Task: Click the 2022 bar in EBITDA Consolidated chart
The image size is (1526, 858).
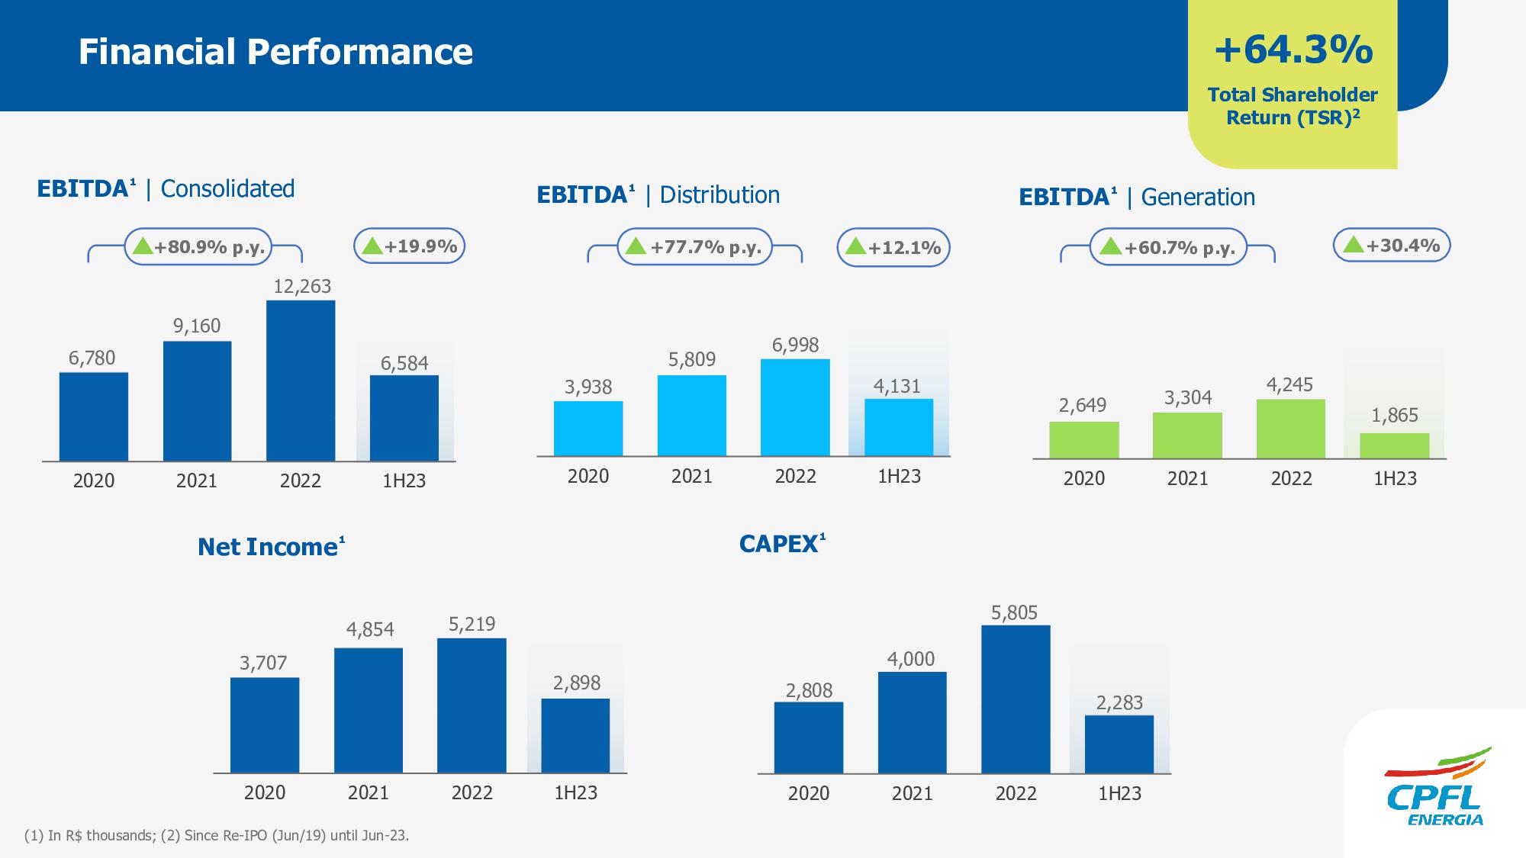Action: pyautogui.click(x=301, y=381)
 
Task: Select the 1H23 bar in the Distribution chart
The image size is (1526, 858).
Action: pyautogui.click(x=899, y=427)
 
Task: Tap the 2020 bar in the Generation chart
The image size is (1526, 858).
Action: pyautogui.click(x=1084, y=440)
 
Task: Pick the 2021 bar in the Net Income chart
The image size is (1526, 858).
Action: pyautogui.click(x=369, y=710)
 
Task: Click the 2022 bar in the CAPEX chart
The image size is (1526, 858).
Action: pyautogui.click(x=1016, y=699)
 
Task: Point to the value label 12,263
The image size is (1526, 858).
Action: pyautogui.click(x=302, y=286)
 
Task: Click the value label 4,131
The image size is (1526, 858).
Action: pyautogui.click(x=897, y=386)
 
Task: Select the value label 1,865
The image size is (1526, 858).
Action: pyautogui.click(x=1395, y=415)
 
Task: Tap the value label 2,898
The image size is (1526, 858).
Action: pyautogui.click(x=577, y=683)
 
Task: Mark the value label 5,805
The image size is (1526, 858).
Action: pyautogui.click(x=1015, y=612)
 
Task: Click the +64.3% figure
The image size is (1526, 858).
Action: pyautogui.click(x=1293, y=50)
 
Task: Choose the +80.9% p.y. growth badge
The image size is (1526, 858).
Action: pyautogui.click(x=198, y=246)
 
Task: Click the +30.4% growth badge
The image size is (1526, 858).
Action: pyautogui.click(x=1392, y=246)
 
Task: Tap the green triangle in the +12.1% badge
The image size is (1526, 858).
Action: pyautogui.click(x=856, y=246)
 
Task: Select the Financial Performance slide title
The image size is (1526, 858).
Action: pyautogui.click(x=275, y=52)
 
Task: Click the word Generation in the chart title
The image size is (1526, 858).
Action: pyautogui.click(x=1198, y=197)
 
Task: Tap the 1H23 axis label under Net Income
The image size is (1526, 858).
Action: pyautogui.click(x=575, y=792)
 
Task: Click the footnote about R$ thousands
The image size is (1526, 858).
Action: pyautogui.click(x=217, y=835)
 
